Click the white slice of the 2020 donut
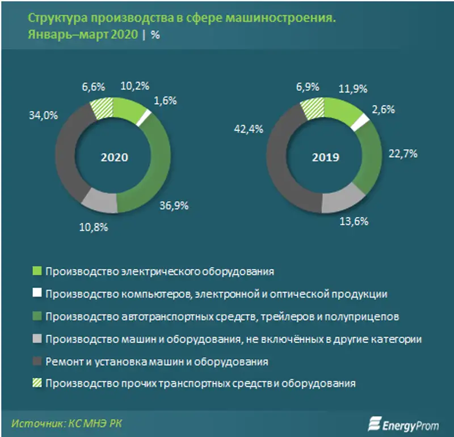tap(145, 116)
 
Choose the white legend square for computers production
tap(37, 294)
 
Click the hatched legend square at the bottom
tap(37, 383)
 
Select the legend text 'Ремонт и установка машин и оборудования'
tap(157, 361)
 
